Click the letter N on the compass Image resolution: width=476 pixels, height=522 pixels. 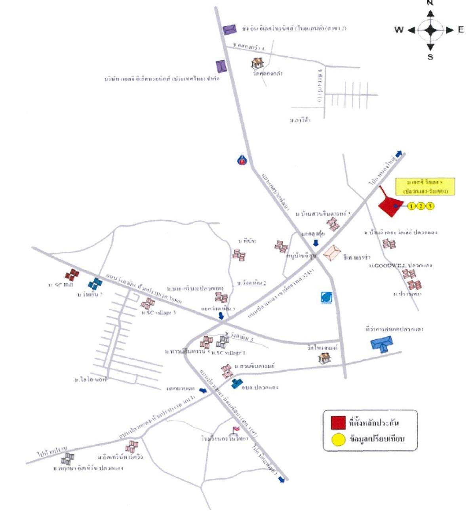(430, 3)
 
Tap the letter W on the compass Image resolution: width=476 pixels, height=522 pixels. (399, 30)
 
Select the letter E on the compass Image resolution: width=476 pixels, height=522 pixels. (461, 30)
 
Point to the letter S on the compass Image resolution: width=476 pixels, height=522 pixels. (430, 57)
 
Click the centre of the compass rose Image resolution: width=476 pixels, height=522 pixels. (430, 30)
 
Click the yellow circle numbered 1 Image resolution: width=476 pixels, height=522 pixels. (412, 206)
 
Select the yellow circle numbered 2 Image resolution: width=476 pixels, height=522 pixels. (421, 206)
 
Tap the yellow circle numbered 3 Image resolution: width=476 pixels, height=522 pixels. (430, 206)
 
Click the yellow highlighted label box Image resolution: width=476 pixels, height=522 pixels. (425, 186)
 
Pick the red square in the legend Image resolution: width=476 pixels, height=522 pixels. (338, 423)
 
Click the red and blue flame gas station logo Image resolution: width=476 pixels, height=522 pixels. (242, 160)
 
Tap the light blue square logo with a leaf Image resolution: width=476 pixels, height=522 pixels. (326, 297)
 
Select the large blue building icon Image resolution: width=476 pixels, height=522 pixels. (382, 343)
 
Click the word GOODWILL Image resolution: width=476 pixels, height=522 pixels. (390, 265)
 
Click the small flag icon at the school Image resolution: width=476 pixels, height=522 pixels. (236, 430)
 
